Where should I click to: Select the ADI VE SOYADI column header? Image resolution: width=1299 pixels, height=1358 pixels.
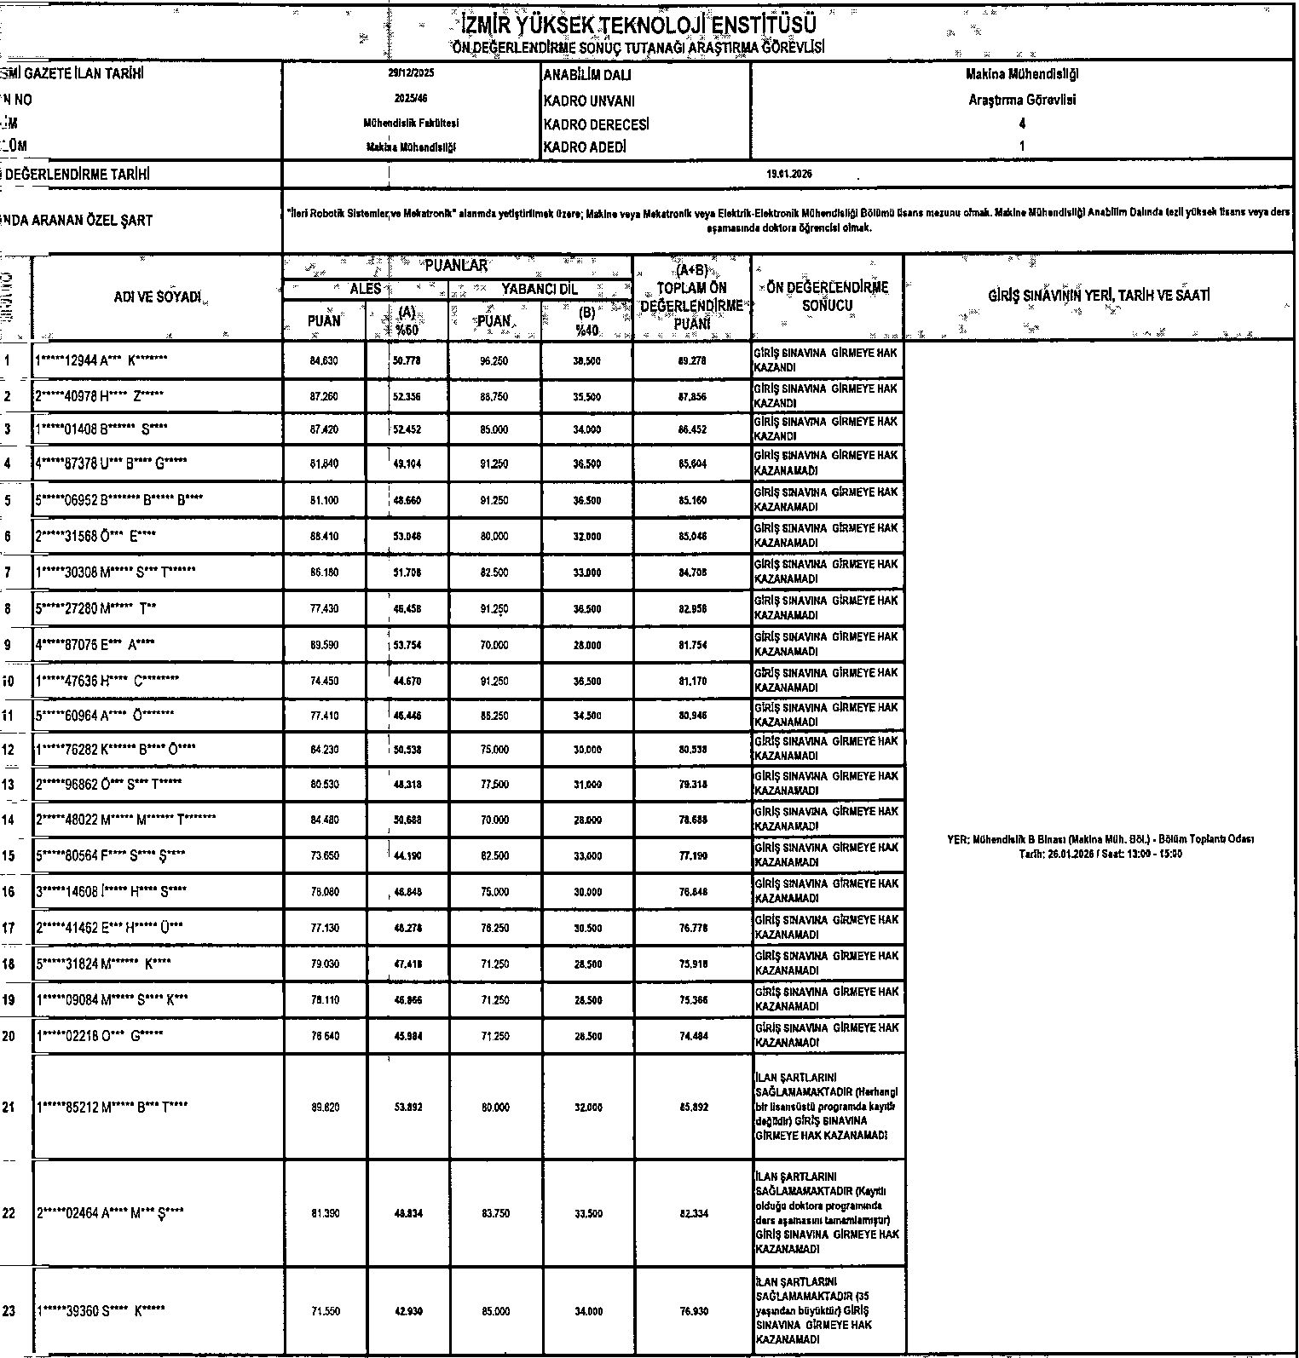158,297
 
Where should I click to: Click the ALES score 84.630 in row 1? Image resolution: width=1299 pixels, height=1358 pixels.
324,361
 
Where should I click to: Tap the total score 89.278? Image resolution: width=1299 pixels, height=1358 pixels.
691,361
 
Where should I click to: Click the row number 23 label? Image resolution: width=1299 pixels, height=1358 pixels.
9,1311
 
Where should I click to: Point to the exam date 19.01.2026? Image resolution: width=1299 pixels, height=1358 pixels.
789,174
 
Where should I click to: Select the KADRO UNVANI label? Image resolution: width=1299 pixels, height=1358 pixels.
589,101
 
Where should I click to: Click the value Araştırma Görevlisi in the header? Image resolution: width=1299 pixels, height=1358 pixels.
1022,100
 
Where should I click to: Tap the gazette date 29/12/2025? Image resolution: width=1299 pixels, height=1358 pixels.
411,73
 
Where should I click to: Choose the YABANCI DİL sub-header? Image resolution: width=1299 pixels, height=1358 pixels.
539,290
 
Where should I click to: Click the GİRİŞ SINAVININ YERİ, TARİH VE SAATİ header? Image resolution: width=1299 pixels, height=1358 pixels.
1099,296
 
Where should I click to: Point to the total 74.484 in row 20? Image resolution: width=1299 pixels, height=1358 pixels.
691,1036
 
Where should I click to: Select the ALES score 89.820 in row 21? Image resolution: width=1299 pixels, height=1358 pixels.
324,1107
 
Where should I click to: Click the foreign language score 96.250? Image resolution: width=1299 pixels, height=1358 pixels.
494,361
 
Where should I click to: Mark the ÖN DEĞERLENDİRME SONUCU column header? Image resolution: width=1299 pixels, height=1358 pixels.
827,296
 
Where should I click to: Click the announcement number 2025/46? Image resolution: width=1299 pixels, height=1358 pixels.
411,99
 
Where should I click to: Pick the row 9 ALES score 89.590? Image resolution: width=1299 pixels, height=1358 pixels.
324,645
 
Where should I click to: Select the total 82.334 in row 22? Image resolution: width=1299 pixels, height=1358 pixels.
691,1213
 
